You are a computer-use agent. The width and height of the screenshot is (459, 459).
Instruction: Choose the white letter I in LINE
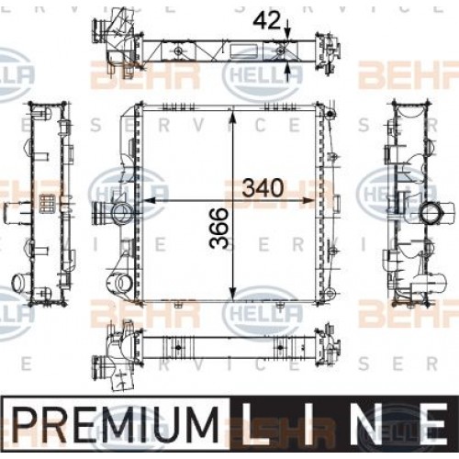pyautogui.click(x=313, y=428)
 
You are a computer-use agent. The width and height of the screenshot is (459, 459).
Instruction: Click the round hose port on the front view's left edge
pyautogui.click(x=119, y=214)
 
